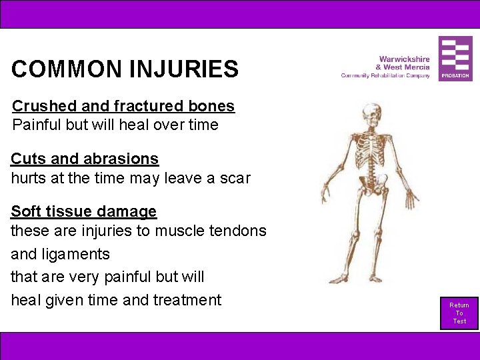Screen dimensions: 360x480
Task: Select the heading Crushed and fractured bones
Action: (x=123, y=106)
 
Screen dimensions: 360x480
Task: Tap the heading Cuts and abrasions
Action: (x=85, y=159)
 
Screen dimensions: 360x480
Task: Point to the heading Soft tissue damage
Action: (x=83, y=211)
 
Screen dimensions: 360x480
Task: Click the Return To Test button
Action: (x=459, y=313)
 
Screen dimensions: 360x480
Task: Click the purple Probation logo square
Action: (x=455, y=59)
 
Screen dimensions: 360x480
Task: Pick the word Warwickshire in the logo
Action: (x=404, y=59)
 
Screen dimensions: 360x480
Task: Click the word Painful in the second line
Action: (x=37, y=125)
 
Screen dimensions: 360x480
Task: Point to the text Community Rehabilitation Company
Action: (x=385, y=76)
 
